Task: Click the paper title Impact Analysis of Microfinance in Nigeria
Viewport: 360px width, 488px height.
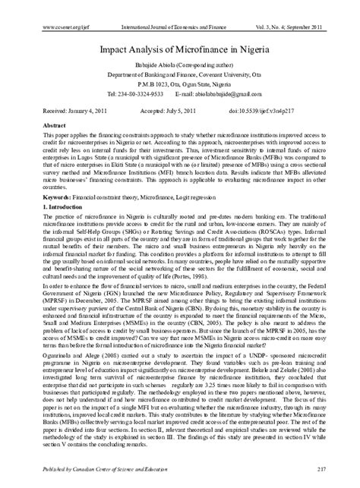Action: pos(180,46)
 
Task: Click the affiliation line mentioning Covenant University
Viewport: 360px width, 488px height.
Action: pos(179,76)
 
